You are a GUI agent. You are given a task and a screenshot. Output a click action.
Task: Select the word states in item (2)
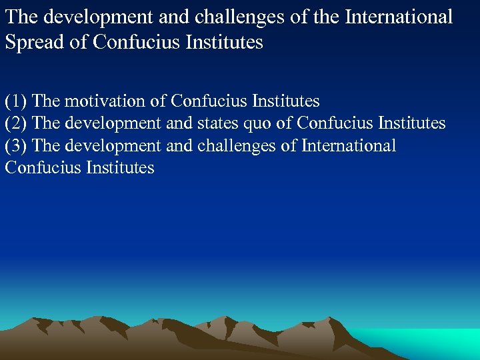point(215,123)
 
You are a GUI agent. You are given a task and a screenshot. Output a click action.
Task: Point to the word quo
point(259,123)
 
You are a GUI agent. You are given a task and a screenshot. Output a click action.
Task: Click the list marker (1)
point(16,101)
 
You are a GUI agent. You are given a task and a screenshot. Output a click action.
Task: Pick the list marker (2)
point(16,123)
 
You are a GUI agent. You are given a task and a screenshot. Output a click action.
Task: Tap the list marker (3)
point(16,145)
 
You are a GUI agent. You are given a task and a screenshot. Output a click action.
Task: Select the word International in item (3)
point(349,145)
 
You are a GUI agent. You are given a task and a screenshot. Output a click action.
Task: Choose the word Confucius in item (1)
point(209,101)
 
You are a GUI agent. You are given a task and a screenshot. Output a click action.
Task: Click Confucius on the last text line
point(42,167)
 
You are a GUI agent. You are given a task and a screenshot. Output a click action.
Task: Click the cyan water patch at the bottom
point(427,340)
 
